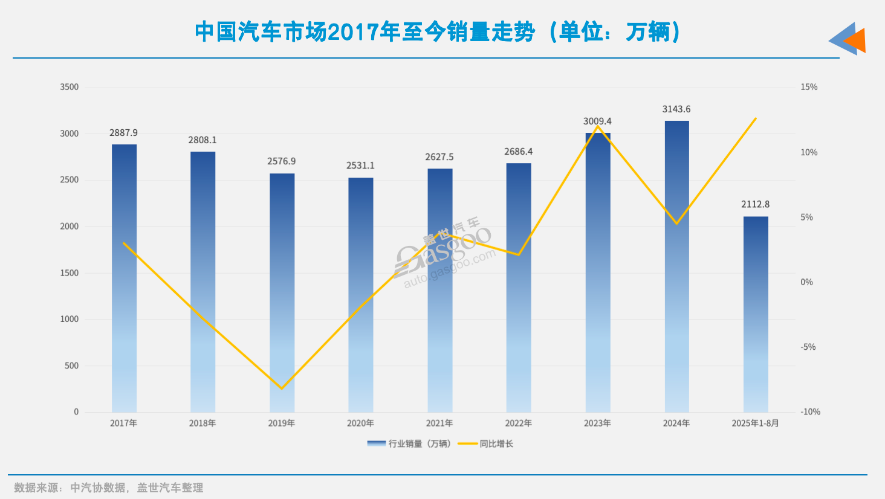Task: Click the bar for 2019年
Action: click(x=282, y=293)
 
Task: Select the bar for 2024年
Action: click(x=676, y=266)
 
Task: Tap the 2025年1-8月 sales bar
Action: click(x=756, y=314)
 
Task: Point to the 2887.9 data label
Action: click(x=123, y=133)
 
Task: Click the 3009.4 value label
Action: click(x=597, y=121)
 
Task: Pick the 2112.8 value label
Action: click(x=756, y=205)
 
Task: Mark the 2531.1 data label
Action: click(x=360, y=166)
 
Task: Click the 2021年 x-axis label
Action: click(x=439, y=423)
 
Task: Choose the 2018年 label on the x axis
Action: click(x=203, y=423)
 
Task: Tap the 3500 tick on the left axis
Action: click(x=70, y=87)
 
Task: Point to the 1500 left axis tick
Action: click(x=70, y=273)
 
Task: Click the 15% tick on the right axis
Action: click(x=809, y=87)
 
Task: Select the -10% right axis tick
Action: click(x=811, y=412)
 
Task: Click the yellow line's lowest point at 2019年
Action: click(x=282, y=388)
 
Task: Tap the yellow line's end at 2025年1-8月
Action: click(x=756, y=118)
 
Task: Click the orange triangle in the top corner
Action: click(x=856, y=40)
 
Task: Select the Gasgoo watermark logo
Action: click(x=444, y=254)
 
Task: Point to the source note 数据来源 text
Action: click(x=109, y=488)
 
